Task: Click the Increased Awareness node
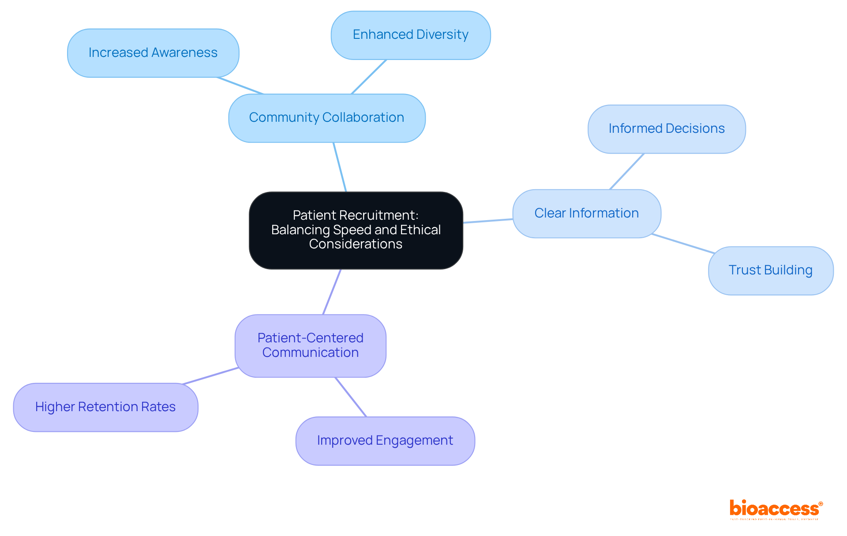(153, 53)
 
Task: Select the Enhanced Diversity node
(410, 35)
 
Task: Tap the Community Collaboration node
(326, 118)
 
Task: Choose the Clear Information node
(586, 214)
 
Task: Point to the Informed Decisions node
(666, 129)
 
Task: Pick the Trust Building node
(770, 270)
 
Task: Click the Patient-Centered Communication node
(310, 345)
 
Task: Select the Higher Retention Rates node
(105, 407)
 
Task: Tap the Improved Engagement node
(385, 441)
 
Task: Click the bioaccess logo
(775, 509)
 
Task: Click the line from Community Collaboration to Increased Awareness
(240, 86)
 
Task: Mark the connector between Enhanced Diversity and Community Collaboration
(369, 77)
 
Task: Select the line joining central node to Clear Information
(487, 221)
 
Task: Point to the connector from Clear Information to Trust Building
(683, 244)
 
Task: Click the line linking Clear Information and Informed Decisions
(627, 172)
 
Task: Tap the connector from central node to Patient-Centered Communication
(332, 292)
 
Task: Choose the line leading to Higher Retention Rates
(210, 375)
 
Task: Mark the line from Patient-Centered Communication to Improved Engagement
(351, 397)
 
